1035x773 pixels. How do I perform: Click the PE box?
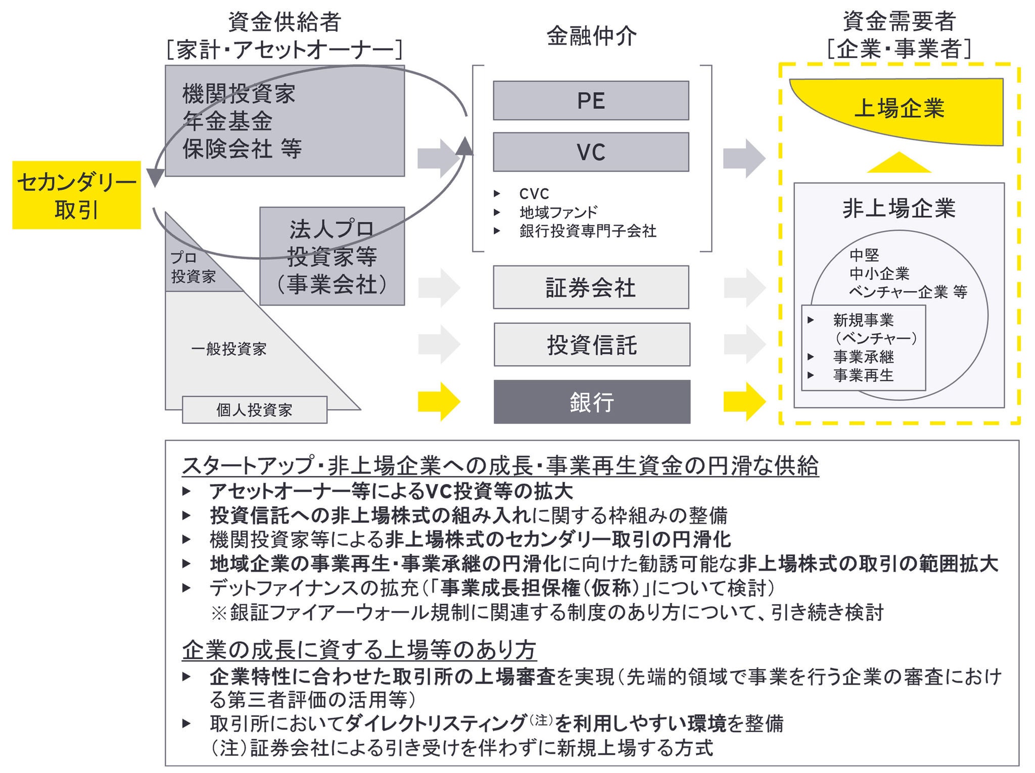591,101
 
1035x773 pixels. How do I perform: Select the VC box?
591,152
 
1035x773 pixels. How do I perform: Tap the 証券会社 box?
591,287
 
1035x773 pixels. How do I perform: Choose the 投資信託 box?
592,345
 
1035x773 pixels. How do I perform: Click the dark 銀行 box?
592,402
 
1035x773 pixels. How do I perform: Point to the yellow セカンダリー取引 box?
76,195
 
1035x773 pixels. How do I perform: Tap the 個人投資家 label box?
254,410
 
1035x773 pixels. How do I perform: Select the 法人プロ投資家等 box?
332,257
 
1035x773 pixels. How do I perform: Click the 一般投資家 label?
228,349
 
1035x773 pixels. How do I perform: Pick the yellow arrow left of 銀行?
439,402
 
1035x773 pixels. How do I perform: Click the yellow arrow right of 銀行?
744,402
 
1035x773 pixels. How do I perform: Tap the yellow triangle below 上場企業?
899,163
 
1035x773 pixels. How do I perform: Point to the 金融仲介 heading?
591,36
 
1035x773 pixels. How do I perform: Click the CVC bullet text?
534,194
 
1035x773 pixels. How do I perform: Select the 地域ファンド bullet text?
558,212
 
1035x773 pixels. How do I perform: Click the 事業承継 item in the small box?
863,357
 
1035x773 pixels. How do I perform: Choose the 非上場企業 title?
899,208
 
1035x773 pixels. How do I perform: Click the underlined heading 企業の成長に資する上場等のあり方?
359,650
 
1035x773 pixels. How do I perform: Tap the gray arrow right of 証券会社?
744,287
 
